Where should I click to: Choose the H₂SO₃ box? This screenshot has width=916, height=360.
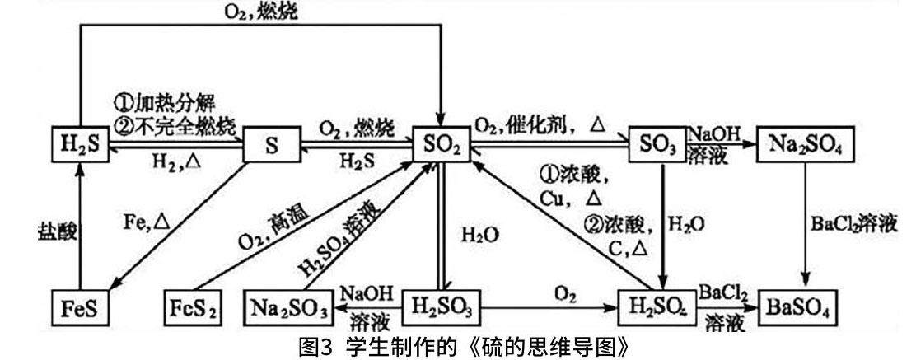tap(442, 309)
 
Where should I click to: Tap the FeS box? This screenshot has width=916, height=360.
tap(80, 309)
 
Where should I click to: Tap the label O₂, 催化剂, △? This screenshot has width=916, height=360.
tap(541, 124)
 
